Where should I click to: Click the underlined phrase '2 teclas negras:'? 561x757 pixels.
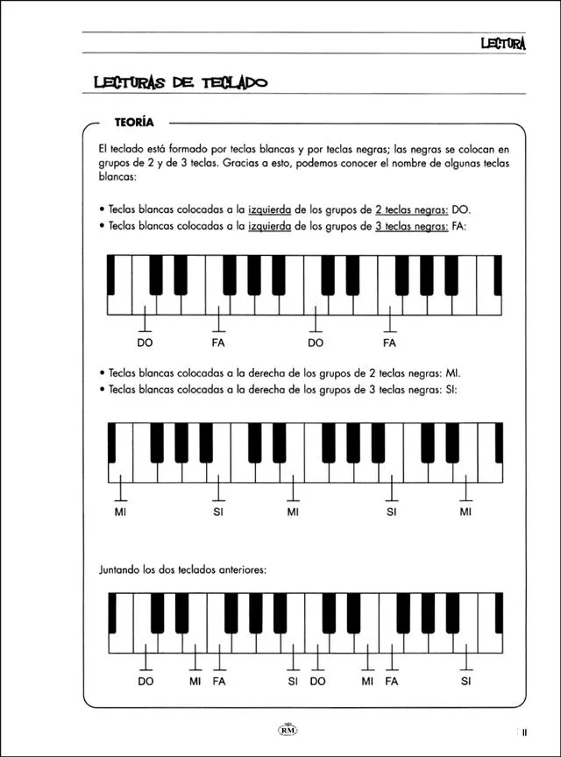tap(411, 210)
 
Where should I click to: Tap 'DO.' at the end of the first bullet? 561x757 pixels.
tap(461, 210)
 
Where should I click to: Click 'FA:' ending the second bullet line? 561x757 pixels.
tap(460, 225)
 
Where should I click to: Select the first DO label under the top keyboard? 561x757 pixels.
tap(145, 343)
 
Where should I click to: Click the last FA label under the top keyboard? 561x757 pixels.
tap(391, 343)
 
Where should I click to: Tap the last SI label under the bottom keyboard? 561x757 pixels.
tap(465, 681)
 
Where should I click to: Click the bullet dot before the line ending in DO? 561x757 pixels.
tap(103, 210)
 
